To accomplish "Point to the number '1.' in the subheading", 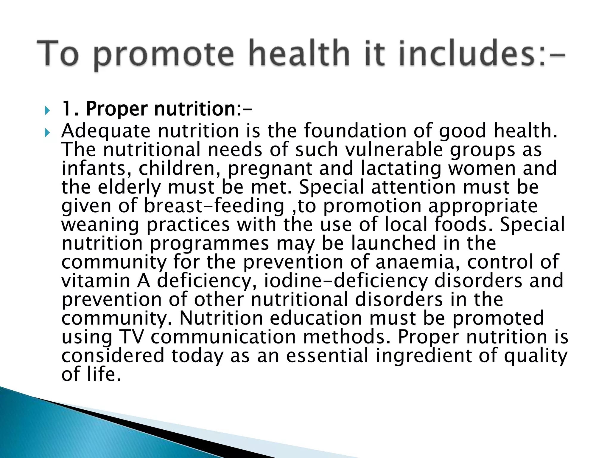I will [70, 109].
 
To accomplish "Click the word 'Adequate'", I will [106, 131].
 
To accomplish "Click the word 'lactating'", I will [401, 168].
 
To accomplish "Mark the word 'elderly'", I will [129, 187].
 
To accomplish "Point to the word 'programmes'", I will [210, 244].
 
